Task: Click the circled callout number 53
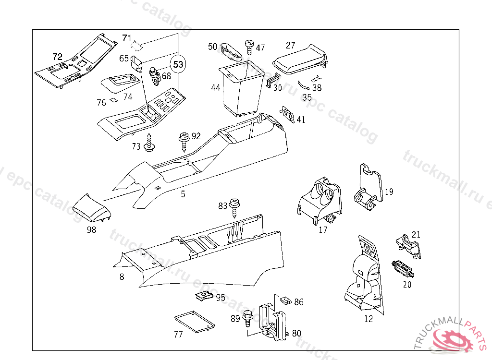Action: [178, 64]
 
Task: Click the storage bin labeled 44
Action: [242, 89]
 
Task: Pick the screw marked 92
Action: [184, 140]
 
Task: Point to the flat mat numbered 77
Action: [194, 322]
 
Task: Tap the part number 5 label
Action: [183, 194]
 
